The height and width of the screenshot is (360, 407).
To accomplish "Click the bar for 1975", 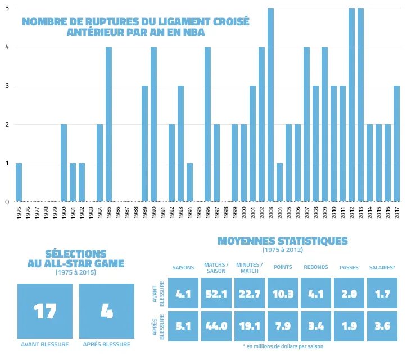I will click(x=19, y=182).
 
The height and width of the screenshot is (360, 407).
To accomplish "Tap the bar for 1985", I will click(x=108, y=124).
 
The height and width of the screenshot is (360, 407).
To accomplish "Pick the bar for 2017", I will click(x=396, y=144).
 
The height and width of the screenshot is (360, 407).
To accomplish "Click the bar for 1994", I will click(x=189, y=182).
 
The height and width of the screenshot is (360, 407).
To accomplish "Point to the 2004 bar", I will click(x=279, y=182).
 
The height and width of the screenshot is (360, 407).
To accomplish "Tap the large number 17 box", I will click(x=45, y=311).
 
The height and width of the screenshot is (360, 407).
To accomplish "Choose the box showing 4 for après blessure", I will click(x=107, y=311).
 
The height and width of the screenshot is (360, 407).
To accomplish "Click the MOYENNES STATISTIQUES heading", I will click(x=283, y=241).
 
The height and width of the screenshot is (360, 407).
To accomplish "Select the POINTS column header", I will click(x=283, y=267).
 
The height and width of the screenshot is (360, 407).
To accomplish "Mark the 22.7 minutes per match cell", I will click(x=249, y=293).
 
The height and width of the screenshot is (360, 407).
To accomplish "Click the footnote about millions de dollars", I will click(x=283, y=346).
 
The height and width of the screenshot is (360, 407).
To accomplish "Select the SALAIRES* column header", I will click(x=382, y=267).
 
